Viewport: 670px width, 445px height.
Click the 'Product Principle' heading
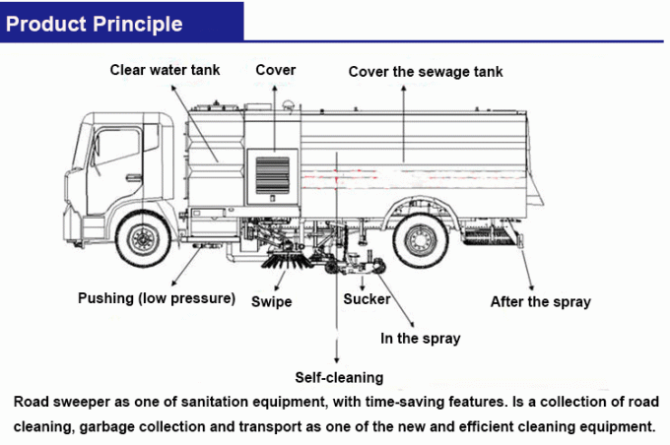94,24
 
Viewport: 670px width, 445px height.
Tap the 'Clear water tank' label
165,70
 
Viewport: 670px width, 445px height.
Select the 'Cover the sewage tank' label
426,72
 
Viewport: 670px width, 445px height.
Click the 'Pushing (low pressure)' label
157,298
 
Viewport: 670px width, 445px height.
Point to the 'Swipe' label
272,301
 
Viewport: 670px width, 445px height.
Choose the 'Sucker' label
367,299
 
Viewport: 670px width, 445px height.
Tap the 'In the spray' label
421,339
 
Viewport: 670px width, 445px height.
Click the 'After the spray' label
541,301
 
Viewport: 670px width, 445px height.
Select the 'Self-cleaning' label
339,377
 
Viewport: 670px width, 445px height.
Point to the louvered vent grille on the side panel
273,174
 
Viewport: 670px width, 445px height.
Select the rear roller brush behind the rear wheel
489,236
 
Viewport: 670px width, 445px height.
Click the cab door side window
116,148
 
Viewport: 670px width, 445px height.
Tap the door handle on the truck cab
134,176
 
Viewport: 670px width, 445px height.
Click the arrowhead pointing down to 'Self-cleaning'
337,360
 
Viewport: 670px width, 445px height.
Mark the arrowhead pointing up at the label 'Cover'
274,88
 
